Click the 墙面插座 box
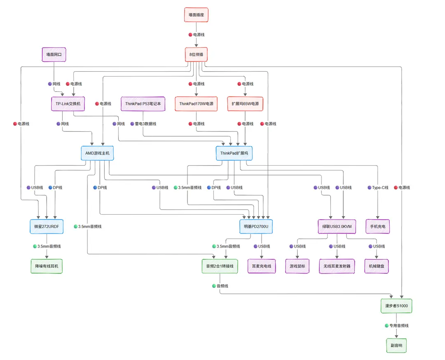[196, 15]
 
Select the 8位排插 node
[196, 54]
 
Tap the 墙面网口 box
[54, 54]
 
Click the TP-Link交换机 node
[68, 104]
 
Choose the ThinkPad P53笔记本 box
[143, 104]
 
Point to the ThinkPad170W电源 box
[196, 104]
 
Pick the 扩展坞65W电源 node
[245, 104]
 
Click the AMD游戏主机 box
[97, 153]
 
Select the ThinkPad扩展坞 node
[234, 153]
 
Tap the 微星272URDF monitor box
[46, 227]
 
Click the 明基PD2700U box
[256, 227]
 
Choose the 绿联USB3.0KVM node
[337, 227]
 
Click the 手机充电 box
[378, 227]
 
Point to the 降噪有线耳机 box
[47, 266]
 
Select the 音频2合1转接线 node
[220, 266]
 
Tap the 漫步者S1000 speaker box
[396, 306]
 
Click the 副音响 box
[396, 345]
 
